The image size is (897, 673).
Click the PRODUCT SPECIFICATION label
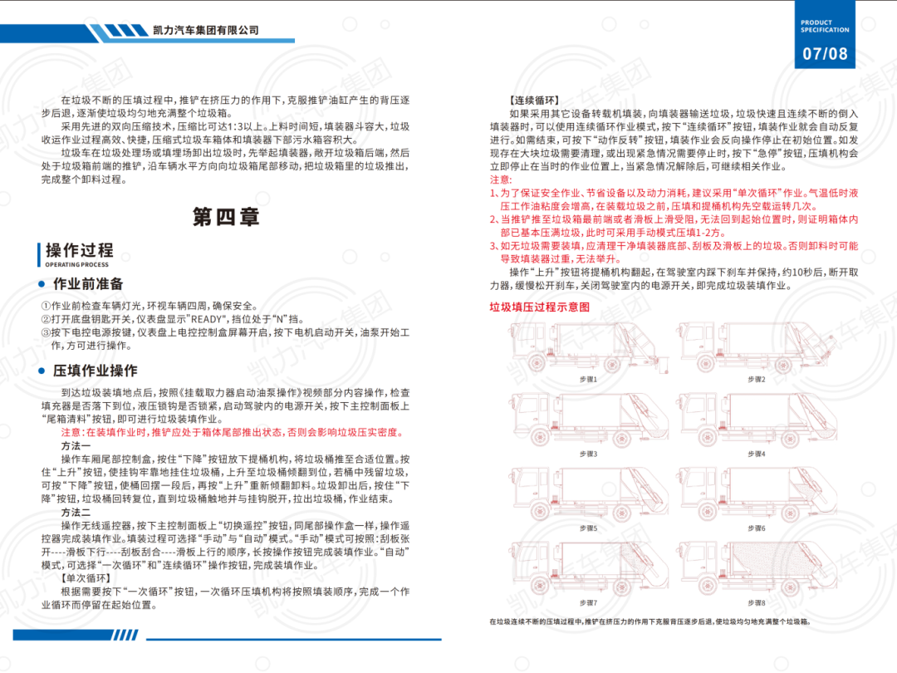tap(825, 26)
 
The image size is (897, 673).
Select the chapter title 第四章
tap(226, 217)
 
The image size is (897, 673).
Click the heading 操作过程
tap(79, 250)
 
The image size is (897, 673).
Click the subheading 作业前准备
tap(88, 283)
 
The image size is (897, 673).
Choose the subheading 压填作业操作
tap(95, 371)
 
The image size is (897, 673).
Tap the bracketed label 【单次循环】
tap(86, 577)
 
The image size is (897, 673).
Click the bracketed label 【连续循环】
tap(537, 101)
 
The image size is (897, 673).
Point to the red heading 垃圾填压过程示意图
tap(540, 307)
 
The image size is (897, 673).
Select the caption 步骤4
tap(756, 454)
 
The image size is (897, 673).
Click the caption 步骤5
tap(589, 528)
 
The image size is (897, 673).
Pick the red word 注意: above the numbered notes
tap(501, 179)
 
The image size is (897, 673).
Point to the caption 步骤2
tap(756, 379)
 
